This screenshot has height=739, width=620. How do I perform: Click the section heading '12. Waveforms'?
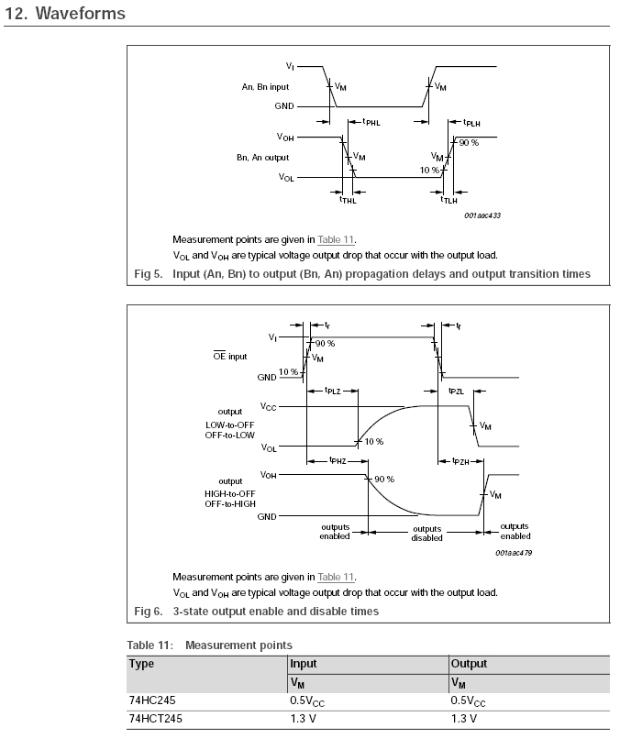click(x=65, y=15)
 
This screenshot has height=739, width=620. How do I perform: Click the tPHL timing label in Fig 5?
click(x=372, y=121)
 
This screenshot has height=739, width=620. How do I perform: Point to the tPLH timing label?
click(x=471, y=121)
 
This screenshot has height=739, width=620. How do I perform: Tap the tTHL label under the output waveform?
click(x=348, y=199)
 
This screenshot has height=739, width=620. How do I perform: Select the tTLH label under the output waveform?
click(x=449, y=199)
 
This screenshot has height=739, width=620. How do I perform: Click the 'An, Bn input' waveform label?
click(x=266, y=88)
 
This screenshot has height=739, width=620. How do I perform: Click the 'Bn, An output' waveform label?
click(x=263, y=159)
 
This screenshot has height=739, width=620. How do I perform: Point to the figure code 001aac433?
click(x=482, y=216)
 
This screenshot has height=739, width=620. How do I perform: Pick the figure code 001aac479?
click(x=513, y=553)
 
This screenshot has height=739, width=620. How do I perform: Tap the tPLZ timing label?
click(x=333, y=392)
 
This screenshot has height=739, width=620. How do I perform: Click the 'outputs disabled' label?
click(x=426, y=533)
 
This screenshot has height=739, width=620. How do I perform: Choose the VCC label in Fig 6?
click(x=268, y=406)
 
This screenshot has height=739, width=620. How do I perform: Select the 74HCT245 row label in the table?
click(x=156, y=719)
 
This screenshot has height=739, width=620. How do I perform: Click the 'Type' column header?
click(x=141, y=664)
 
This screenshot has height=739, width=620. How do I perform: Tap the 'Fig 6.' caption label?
click(x=148, y=611)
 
